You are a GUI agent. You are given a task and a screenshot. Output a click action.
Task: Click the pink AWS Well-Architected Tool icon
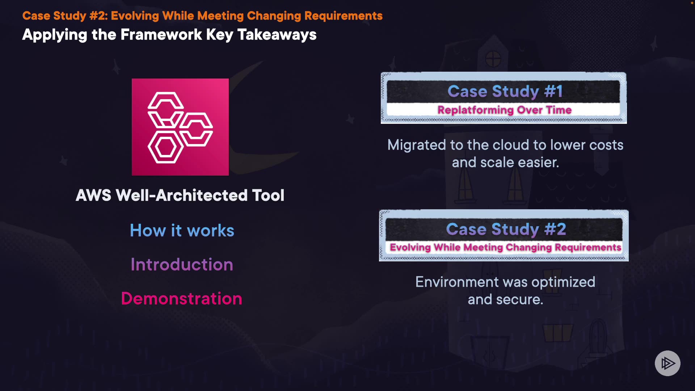pos(180,127)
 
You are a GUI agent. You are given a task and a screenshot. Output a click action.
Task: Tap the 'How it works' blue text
pos(182,231)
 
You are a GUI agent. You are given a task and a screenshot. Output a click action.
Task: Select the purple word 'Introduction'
pos(182,265)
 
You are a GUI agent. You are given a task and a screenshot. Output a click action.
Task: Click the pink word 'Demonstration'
pos(181,299)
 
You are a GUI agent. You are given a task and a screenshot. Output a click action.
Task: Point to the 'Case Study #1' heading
pos(505,91)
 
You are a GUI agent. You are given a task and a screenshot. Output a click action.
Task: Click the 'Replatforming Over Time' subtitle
pos(504,110)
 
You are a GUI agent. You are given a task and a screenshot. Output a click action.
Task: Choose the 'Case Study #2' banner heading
pos(506,229)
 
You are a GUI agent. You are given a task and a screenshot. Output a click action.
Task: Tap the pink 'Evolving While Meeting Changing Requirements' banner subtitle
pos(505,248)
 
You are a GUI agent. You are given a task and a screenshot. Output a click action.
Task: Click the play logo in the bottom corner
pos(667,363)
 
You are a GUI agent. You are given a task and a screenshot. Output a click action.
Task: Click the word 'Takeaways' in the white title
pos(277,35)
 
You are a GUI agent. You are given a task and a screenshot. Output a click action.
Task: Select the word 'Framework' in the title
pos(161,35)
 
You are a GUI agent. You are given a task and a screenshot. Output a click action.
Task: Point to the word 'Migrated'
pos(416,145)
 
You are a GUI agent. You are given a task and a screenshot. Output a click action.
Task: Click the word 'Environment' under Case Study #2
pos(457,282)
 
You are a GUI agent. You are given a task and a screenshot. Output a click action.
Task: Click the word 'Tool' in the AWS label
pos(268,195)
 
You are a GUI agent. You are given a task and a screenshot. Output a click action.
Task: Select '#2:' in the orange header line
pos(98,16)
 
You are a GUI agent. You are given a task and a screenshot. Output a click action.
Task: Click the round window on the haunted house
pos(493,59)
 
